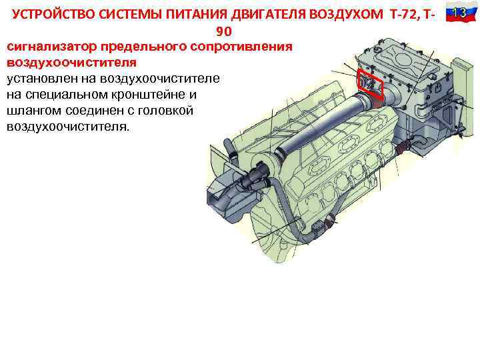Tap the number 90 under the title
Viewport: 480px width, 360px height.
click(224, 31)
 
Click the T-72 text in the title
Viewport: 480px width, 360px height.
click(404, 15)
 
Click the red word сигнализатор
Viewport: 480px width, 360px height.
click(51, 47)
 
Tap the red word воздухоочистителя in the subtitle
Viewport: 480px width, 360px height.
click(71, 63)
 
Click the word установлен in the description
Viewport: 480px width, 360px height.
click(42, 79)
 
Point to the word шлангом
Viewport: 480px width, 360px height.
click(34, 111)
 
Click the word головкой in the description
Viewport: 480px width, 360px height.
click(165, 110)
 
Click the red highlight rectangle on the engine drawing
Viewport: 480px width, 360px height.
click(370, 84)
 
